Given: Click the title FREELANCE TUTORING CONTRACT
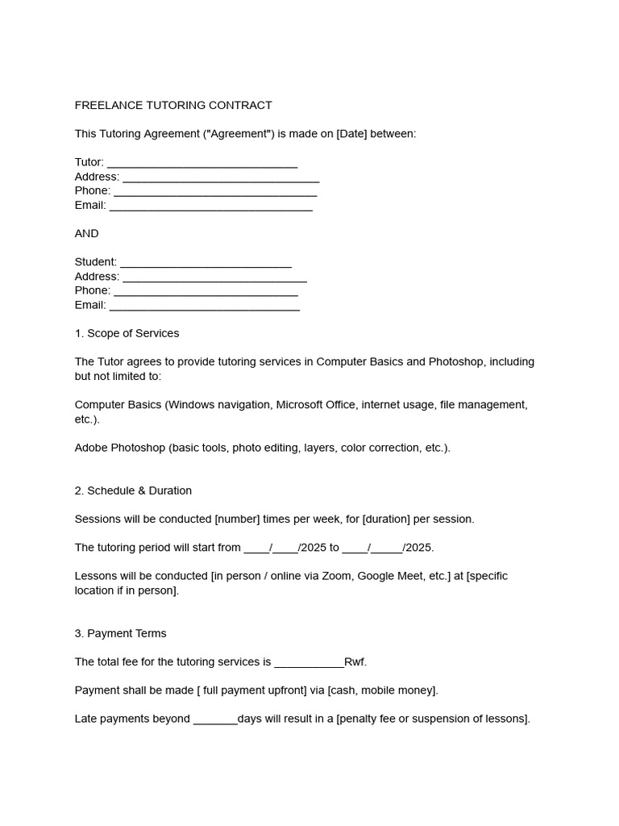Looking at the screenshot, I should [173, 106].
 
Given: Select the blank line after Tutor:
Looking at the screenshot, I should [202, 163].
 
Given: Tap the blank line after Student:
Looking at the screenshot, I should [206, 262].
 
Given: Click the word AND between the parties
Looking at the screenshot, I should [87, 234].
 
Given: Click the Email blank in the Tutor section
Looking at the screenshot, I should [210, 206].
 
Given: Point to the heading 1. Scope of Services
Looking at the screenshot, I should [127, 333].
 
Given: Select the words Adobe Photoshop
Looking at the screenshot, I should [119, 448].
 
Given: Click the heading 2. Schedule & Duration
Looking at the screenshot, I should [133, 490].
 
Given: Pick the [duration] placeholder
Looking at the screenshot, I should [376, 519].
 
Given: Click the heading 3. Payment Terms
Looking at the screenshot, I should [120, 634].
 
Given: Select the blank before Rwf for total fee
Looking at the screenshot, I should [309, 662].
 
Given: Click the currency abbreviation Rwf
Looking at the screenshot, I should [355, 662].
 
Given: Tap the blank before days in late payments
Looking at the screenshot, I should [215, 720].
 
